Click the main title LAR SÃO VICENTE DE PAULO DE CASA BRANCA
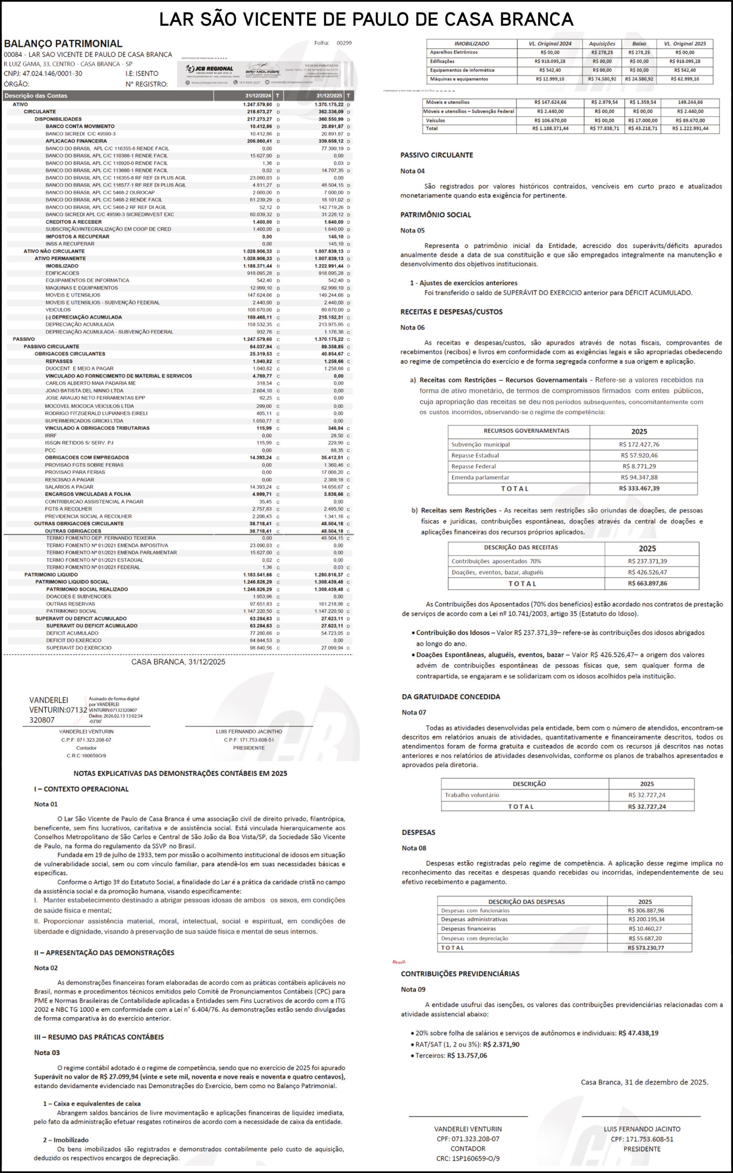point(366,19)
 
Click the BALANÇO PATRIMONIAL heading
point(63,44)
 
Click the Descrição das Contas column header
point(36,96)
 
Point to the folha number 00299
point(344,43)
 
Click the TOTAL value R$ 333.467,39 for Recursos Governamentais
point(639,488)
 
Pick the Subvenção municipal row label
point(480,444)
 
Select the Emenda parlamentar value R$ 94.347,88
point(639,477)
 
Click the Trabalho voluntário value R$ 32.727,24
point(647,795)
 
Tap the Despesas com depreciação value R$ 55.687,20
point(645,938)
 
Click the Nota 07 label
point(413,712)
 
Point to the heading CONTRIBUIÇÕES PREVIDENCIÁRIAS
point(460,974)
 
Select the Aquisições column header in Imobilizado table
point(602,44)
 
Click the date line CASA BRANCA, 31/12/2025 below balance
point(178,662)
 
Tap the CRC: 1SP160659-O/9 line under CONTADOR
point(467,1158)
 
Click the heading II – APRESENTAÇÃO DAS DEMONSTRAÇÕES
point(104,952)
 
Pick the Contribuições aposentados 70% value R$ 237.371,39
point(647,561)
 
